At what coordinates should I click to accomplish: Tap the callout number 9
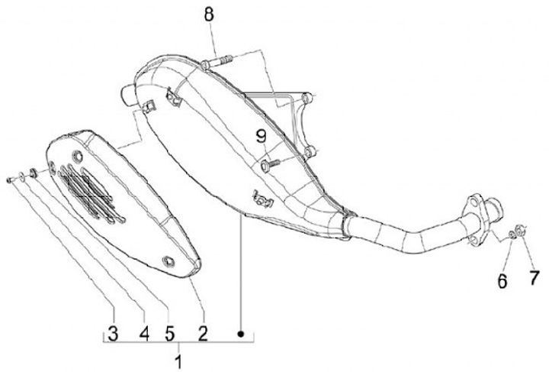coord(262,137)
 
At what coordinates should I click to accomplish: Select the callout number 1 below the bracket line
coord(178,359)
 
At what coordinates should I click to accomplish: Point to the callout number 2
coord(203,333)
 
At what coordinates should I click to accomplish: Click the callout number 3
coord(113,333)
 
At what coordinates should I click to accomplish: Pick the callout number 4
coord(142,333)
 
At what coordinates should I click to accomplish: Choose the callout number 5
coord(169,333)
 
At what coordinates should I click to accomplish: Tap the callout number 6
coord(502,281)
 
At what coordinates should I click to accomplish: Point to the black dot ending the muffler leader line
coord(241,334)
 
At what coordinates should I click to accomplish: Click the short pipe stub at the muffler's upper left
coord(127,93)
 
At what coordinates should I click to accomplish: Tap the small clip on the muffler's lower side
coord(262,200)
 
